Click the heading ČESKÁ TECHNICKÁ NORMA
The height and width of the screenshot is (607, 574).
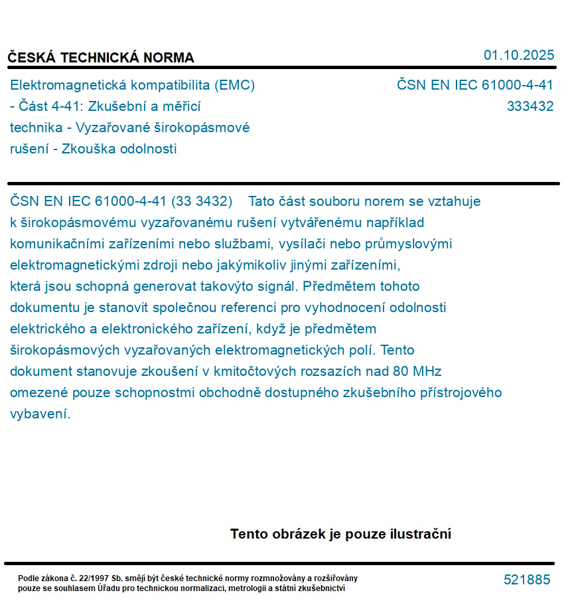[101, 58]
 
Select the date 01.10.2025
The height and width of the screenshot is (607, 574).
[519, 55]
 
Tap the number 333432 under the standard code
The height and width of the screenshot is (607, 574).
[530, 106]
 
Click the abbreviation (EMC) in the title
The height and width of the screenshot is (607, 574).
[235, 85]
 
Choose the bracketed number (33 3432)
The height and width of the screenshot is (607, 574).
[202, 201]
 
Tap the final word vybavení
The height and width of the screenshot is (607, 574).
[40, 414]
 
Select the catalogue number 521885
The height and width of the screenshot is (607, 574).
[527, 580]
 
